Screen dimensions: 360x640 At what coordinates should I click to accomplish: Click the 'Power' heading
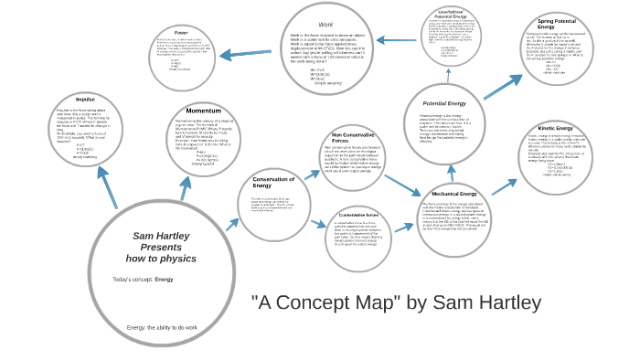point(181,33)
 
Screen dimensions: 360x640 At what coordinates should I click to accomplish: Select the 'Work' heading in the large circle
point(325,24)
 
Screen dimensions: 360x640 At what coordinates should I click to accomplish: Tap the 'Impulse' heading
point(85,99)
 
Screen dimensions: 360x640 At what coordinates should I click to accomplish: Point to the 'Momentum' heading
point(203,111)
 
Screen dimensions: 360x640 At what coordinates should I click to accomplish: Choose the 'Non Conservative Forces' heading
point(341,137)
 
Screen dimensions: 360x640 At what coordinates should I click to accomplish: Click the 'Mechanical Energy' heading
point(453,194)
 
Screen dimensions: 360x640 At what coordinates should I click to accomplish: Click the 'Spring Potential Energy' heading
point(557,24)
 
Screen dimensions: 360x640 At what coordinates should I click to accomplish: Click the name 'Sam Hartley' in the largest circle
point(161,236)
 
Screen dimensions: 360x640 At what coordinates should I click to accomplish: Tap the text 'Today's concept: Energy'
point(143,279)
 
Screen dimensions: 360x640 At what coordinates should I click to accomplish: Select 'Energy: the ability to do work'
point(162,327)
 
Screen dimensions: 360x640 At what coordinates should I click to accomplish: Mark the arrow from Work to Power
point(247,53)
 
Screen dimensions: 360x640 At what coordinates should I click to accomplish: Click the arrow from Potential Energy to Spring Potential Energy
point(502,87)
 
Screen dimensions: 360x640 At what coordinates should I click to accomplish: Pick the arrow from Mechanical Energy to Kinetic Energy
point(504,186)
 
